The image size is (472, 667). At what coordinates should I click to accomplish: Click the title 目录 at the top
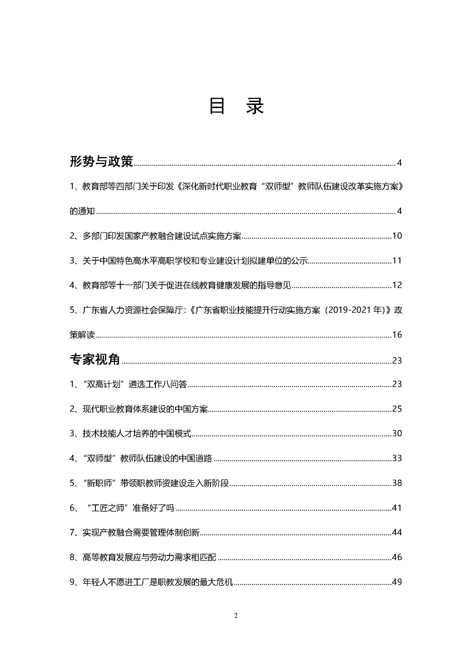[x=236, y=106]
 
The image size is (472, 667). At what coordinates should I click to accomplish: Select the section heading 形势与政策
[x=101, y=161]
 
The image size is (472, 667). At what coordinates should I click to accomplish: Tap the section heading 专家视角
[x=95, y=359]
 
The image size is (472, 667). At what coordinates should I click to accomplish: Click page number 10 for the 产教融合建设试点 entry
[x=397, y=236]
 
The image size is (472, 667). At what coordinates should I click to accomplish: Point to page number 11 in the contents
[x=397, y=261]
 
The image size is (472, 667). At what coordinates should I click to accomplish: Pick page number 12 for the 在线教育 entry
[x=397, y=285]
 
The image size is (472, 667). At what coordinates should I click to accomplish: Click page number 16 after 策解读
[x=397, y=335]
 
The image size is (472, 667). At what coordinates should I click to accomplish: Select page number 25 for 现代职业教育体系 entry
[x=397, y=409]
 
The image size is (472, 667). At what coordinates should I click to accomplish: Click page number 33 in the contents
[x=397, y=458]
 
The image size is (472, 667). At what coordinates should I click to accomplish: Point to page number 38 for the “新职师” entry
[x=397, y=483]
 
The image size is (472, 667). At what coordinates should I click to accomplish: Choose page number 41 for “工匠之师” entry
[x=397, y=508]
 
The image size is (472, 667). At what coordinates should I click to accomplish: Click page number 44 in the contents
[x=397, y=532]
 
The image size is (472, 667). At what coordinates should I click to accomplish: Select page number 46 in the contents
[x=397, y=557]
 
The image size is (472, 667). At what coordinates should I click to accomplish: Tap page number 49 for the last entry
[x=397, y=582]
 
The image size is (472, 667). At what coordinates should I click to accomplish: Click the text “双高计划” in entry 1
[x=104, y=384]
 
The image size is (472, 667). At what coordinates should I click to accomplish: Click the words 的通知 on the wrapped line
[x=82, y=211]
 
